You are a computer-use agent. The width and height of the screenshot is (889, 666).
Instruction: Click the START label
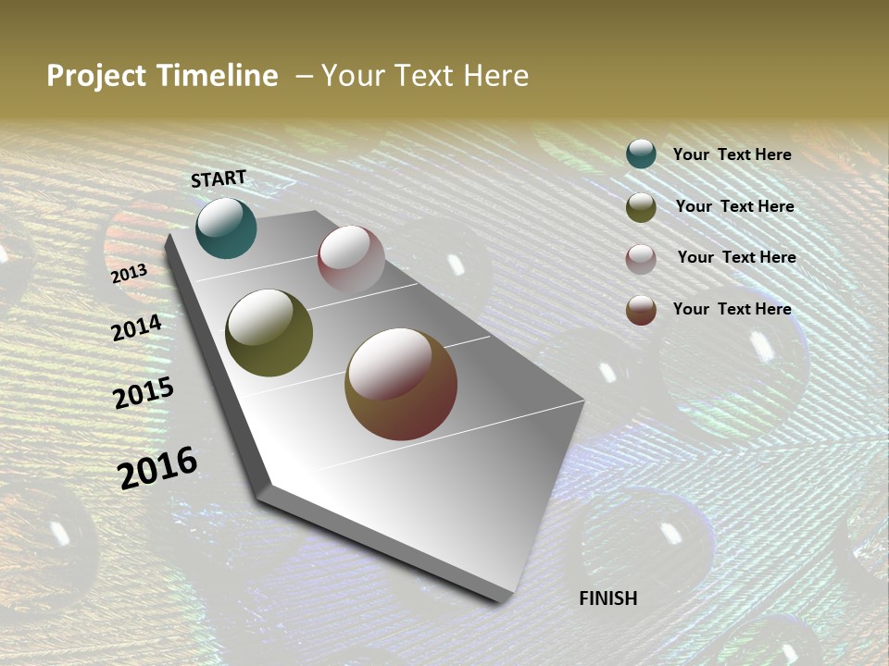point(219,179)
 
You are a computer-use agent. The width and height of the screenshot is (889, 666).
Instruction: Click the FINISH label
point(607,598)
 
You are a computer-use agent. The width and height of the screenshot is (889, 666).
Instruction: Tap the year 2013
point(129,274)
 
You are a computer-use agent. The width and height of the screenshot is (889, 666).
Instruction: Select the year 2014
point(136,327)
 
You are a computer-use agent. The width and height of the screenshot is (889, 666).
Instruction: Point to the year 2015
point(144,393)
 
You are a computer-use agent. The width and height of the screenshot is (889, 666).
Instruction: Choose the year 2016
point(157,467)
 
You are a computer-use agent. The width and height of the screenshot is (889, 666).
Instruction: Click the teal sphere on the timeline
point(226,228)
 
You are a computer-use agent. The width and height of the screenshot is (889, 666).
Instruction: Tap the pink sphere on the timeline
point(351,259)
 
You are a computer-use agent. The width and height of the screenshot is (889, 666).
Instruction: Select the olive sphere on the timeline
point(269,333)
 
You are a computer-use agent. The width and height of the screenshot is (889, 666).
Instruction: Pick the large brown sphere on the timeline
point(401,384)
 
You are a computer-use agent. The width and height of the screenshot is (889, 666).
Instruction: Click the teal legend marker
point(641,154)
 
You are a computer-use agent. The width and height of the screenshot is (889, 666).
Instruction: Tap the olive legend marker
point(641,207)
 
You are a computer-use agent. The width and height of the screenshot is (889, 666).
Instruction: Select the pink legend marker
point(641,259)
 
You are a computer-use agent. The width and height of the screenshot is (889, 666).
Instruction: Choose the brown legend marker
point(641,310)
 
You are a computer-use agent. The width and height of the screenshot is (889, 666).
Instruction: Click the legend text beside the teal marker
point(732,154)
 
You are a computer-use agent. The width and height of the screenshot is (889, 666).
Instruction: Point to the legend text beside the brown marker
point(732,309)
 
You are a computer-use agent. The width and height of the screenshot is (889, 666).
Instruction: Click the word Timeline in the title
point(219,76)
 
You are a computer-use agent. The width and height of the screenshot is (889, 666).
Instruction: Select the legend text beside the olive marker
point(734,206)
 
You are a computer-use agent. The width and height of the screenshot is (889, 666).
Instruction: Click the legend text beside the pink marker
point(736,257)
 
